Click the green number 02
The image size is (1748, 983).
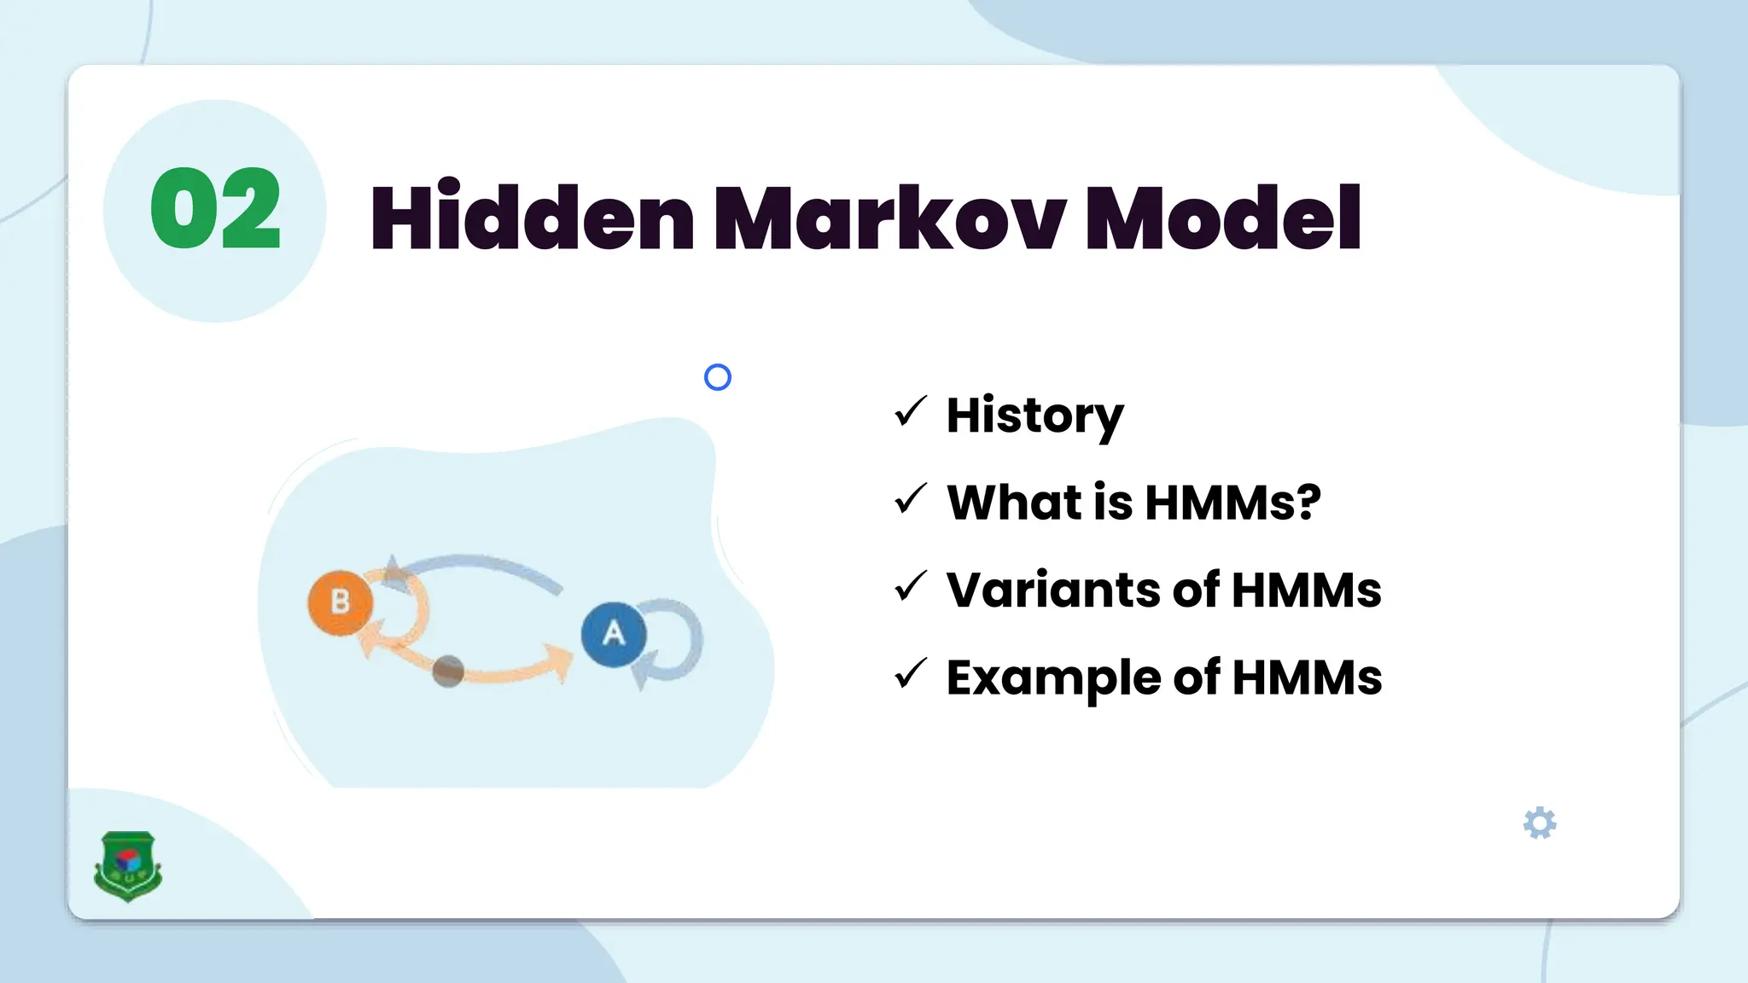click(215, 209)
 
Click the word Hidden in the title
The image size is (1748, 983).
click(532, 218)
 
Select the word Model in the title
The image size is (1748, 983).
click(1222, 218)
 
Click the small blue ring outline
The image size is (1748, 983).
click(718, 377)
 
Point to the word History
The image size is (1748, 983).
click(1034, 416)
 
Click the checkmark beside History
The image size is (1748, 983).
click(911, 412)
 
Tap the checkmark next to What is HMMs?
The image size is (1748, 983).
click(911, 499)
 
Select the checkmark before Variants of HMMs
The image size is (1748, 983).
click(911, 587)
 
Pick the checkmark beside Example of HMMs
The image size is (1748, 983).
click(911, 674)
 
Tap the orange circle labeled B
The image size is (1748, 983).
click(340, 602)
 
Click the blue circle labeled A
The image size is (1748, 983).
click(614, 634)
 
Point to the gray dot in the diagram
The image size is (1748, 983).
click(448, 672)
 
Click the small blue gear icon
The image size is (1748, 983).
click(1540, 823)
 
